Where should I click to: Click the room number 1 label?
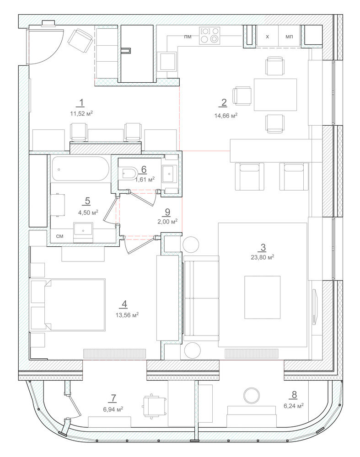(x=81, y=102)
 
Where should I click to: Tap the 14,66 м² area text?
(x=226, y=116)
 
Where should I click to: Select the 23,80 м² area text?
(x=262, y=257)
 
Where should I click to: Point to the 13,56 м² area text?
(x=127, y=315)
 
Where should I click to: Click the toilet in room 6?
(x=128, y=173)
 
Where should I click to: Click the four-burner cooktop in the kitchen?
(x=210, y=36)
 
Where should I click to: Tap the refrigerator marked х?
(x=268, y=36)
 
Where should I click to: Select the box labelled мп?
(x=290, y=36)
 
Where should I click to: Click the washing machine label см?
(x=59, y=236)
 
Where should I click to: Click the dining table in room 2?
(x=275, y=95)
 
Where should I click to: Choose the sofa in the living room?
(x=201, y=298)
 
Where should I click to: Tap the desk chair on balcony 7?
(x=154, y=406)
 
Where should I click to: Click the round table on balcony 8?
(x=252, y=395)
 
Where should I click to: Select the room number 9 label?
(x=167, y=212)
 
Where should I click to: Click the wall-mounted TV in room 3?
(x=315, y=306)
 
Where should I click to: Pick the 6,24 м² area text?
(x=294, y=405)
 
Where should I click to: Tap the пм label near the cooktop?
(x=188, y=37)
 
